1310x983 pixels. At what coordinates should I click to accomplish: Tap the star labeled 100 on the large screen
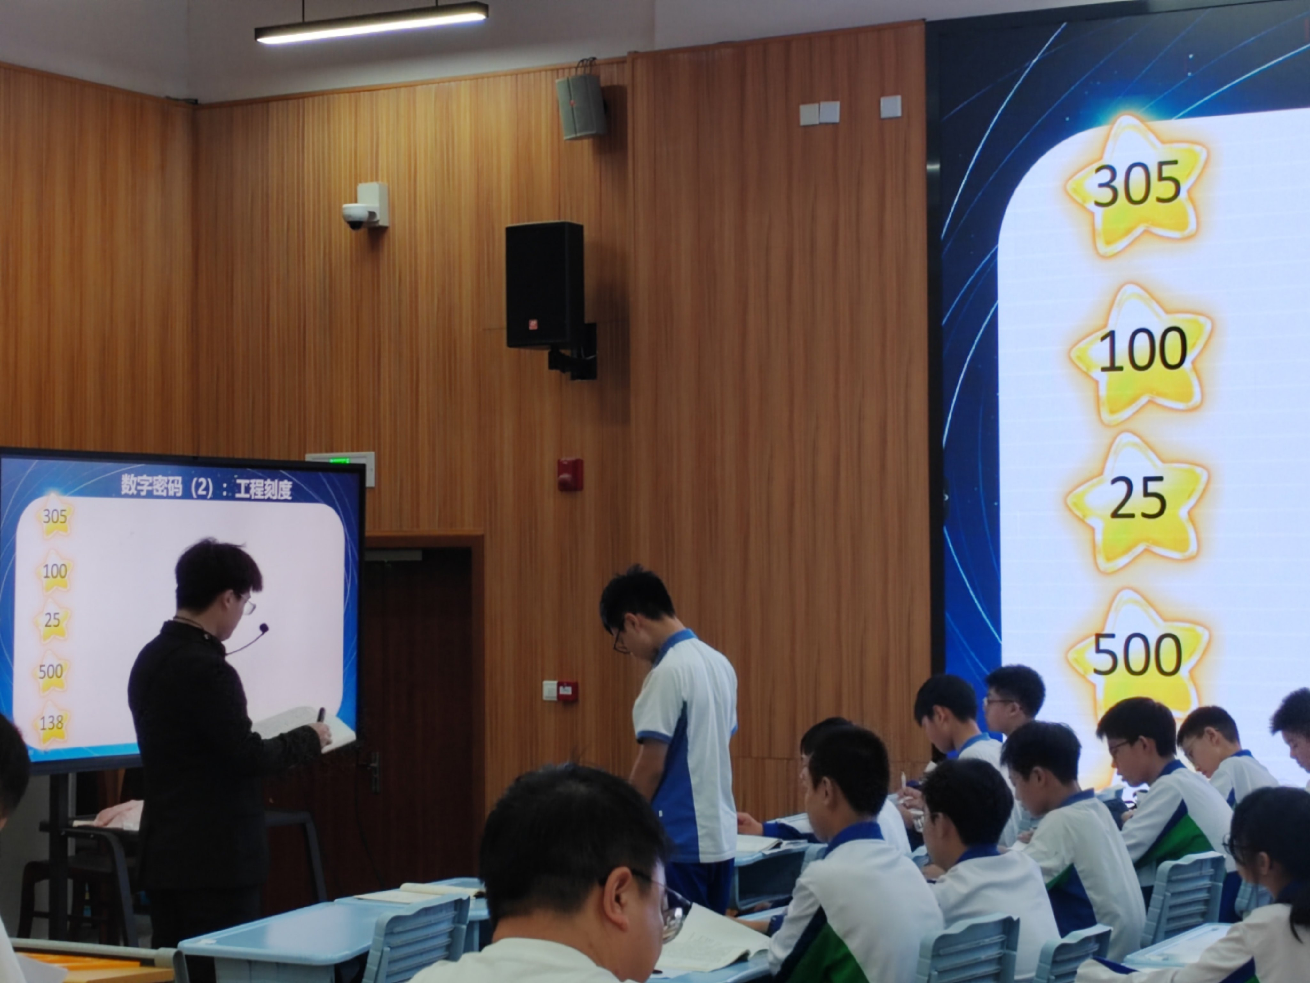pos(1140,354)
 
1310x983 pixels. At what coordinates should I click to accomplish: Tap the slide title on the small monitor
pos(206,488)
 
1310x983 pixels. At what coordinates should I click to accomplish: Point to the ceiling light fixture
pos(371,22)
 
